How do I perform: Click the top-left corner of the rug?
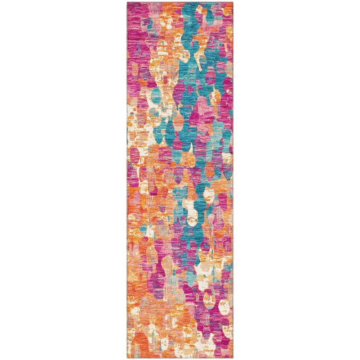point(127,3)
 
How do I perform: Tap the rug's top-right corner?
point(233,3)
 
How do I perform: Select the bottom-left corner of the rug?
point(127,358)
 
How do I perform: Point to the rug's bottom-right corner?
point(233,358)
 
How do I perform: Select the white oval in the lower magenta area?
point(224,306)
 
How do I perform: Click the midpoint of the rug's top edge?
point(180,3)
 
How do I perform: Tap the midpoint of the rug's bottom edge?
point(180,358)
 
